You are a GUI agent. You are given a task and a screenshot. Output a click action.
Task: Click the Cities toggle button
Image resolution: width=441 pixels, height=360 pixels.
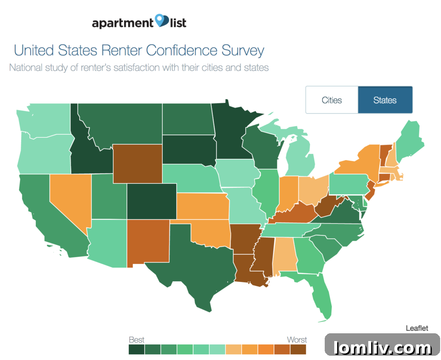[x=332, y=100]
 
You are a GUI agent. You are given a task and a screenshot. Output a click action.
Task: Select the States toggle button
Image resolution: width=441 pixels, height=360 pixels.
[x=385, y=100]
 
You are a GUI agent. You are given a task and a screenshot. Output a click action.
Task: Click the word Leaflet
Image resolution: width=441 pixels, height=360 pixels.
[x=417, y=328]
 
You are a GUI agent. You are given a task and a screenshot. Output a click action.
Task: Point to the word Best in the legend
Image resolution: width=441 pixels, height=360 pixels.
[x=137, y=340]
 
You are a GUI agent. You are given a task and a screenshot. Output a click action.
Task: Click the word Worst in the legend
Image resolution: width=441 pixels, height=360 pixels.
[x=297, y=340]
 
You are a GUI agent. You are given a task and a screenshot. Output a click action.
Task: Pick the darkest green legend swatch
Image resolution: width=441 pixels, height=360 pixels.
[x=137, y=349]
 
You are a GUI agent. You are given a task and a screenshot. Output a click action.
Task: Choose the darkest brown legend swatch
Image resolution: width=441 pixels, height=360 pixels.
[x=298, y=349]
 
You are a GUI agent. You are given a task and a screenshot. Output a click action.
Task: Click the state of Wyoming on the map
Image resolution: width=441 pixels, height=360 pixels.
[x=137, y=164]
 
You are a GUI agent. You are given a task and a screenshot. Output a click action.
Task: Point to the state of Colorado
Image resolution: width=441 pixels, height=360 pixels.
[x=151, y=202]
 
